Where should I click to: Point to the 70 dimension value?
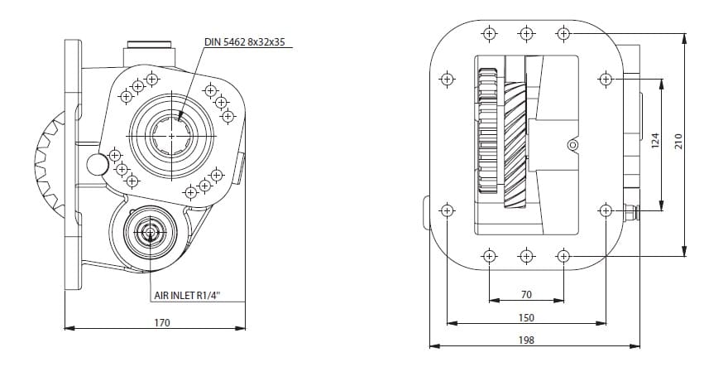(526, 294)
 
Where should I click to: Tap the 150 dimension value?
(526, 317)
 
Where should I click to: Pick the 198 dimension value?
(526, 340)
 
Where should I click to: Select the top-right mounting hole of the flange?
(563, 34)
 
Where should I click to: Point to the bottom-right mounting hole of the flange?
(563, 254)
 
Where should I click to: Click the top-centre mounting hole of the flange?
(526, 34)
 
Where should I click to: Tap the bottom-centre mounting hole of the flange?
(526, 254)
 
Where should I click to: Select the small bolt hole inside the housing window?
(570, 146)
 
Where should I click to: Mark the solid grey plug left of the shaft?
(98, 164)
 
